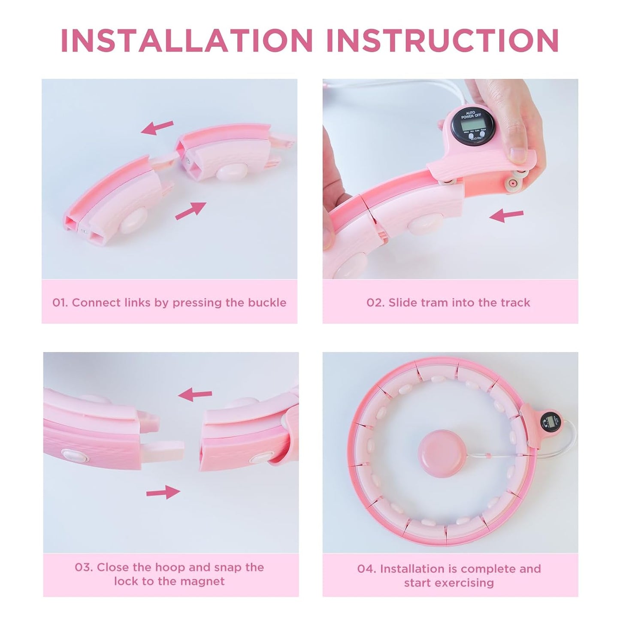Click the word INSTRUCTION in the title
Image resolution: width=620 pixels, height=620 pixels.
coord(442,40)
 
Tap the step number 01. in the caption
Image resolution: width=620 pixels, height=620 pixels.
coord(60,302)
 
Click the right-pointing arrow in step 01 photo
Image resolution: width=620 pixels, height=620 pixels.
coord(191,211)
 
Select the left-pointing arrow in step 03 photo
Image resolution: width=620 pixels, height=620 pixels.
coord(195,394)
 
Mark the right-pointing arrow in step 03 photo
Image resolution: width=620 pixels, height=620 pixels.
coord(163,492)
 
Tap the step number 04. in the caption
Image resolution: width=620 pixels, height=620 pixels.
coord(367,569)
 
